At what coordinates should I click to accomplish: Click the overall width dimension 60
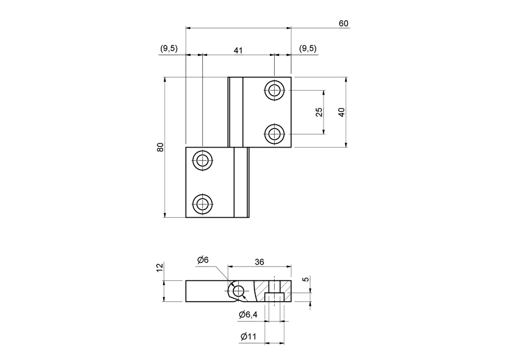[x=343, y=23]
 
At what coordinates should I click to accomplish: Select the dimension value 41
[x=238, y=50]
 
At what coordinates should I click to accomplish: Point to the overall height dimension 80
[x=160, y=147]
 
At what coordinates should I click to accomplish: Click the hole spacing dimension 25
[x=319, y=112]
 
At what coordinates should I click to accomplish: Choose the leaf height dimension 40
[x=341, y=112]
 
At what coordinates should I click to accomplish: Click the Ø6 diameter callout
[x=203, y=260]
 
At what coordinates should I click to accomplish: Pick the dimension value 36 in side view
[x=259, y=262]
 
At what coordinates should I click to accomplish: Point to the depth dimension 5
[x=305, y=279]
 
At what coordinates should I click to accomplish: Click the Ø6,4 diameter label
[x=248, y=315]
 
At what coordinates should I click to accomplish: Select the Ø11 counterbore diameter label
[x=248, y=337]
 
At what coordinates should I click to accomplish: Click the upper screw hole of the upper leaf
[x=275, y=91]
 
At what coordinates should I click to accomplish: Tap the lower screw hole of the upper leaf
[x=275, y=134]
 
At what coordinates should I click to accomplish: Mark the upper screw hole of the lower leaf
[x=202, y=160]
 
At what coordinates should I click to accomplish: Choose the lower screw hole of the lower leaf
[x=202, y=204]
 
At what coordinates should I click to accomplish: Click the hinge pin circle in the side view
[x=238, y=291]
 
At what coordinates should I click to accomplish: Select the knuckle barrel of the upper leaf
[x=235, y=112]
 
